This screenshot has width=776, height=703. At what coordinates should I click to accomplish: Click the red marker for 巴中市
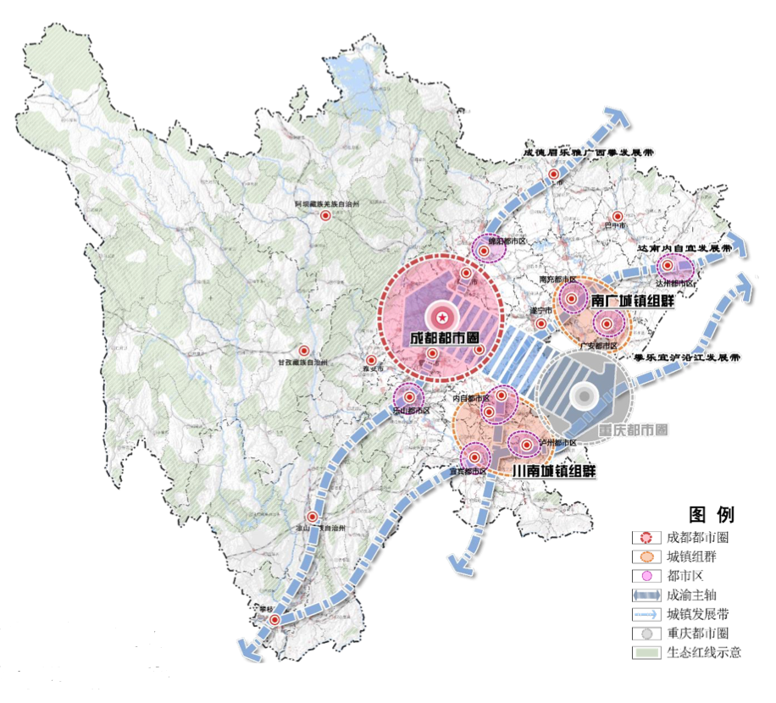[x=619, y=216]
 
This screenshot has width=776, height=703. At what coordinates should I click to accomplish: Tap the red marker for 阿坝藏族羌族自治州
[x=325, y=216]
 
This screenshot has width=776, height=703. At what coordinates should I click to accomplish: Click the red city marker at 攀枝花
[x=275, y=621]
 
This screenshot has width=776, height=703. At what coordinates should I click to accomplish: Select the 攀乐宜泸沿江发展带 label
[x=687, y=357]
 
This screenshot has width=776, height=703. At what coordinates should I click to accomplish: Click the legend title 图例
[x=712, y=515]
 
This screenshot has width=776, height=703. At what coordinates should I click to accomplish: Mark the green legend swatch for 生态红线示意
[x=645, y=652]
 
